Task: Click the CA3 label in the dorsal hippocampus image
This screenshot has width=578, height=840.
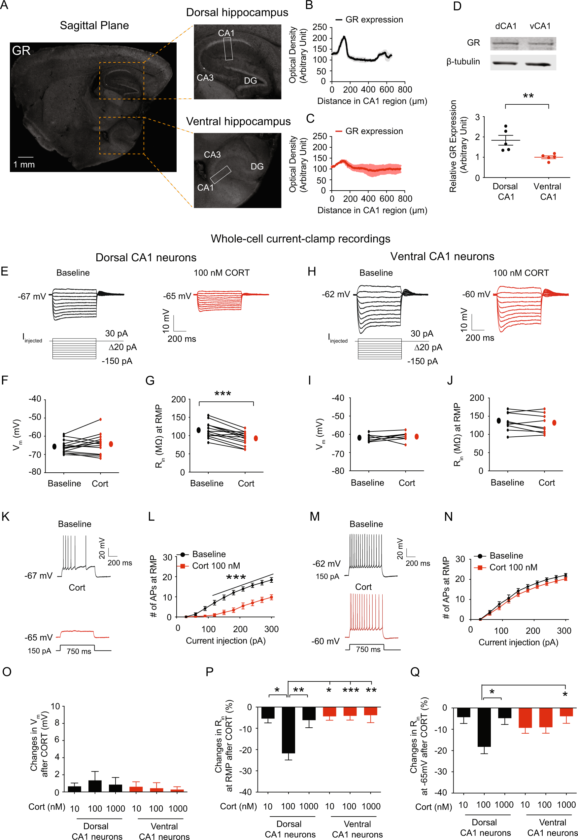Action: coord(205,78)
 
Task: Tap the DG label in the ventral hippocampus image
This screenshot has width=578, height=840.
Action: coord(257,166)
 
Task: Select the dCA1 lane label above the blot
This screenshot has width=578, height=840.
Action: coord(506,26)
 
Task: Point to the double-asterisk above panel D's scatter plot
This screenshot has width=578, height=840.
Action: coord(528,96)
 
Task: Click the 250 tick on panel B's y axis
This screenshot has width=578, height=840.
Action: coord(320,27)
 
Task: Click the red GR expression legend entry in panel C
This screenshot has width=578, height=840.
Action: coord(369,131)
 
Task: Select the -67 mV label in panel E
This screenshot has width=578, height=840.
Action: coord(32,296)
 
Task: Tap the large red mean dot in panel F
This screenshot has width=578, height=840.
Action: coord(111,444)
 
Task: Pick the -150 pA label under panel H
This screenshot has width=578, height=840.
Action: coord(422,361)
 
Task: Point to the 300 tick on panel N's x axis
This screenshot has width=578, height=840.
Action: coord(563,631)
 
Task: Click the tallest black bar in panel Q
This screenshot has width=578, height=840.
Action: coord(484,727)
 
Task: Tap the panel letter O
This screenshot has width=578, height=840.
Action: coord(7,672)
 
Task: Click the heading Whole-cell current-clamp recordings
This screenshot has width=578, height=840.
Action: coord(300,239)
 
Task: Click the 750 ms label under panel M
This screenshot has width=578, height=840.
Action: coord(368,649)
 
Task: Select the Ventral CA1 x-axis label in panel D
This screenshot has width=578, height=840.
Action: coord(548,191)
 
